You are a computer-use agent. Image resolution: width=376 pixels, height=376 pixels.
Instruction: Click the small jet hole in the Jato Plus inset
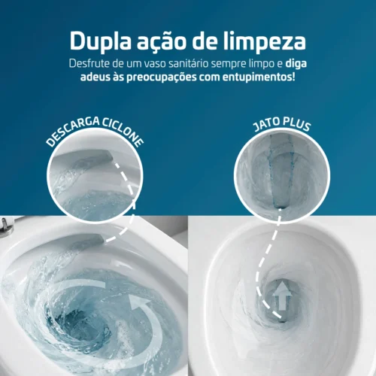pos(280,205)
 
